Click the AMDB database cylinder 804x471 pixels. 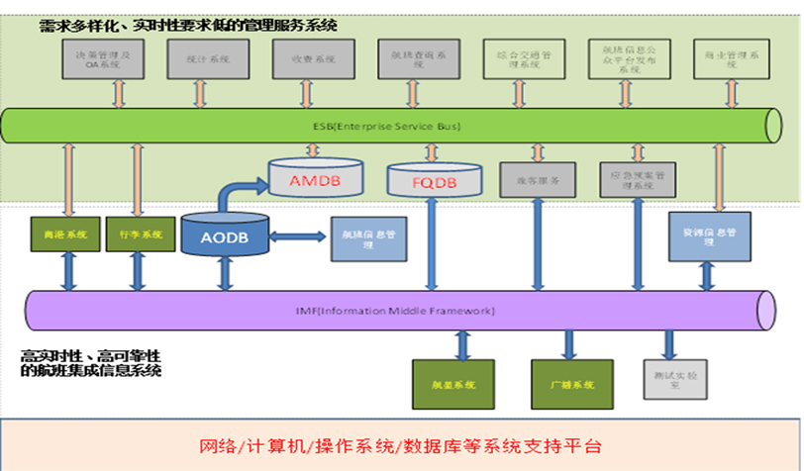(x=314, y=181)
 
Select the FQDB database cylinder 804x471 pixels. (x=435, y=182)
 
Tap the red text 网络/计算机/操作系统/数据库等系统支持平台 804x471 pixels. (x=400, y=445)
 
